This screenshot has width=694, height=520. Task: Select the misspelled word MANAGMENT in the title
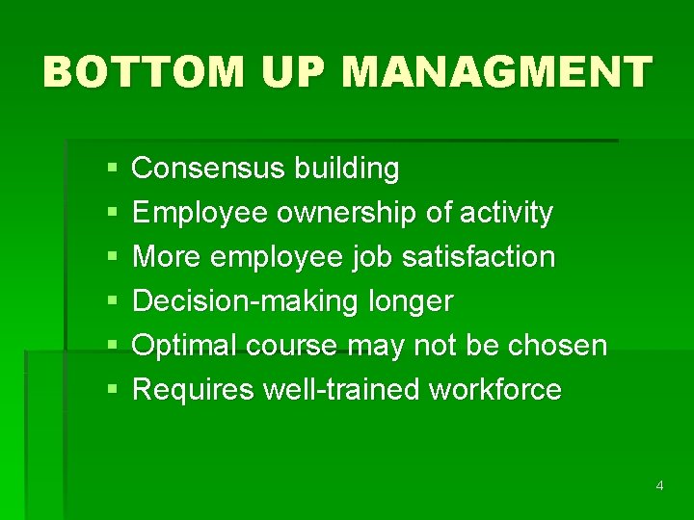point(497,72)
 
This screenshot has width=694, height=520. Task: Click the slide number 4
point(659,485)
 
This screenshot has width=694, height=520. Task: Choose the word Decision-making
point(246,301)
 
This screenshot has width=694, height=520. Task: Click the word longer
point(411,301)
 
